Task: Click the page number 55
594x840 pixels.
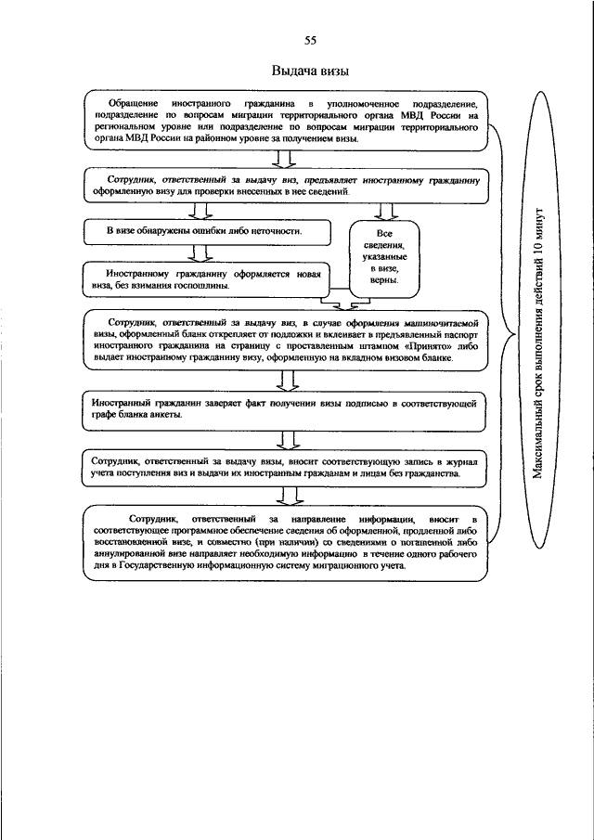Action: tap(310, 40)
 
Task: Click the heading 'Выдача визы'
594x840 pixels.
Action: tap(310, 71)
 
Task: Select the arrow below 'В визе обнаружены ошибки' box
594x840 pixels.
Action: tap(197, 252)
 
